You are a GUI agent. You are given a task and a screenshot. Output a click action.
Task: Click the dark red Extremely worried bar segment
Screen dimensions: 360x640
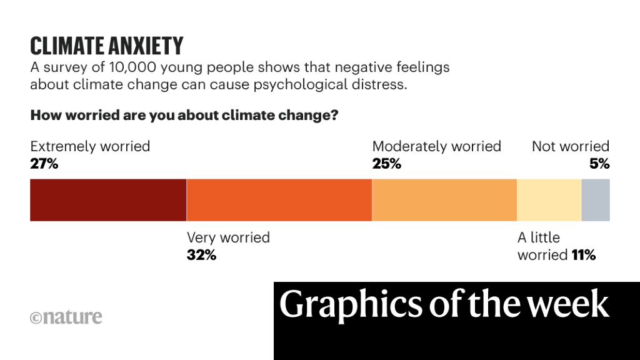pyautogui.click(x=108, y=200)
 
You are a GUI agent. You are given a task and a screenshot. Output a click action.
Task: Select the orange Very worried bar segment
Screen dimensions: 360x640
pyautogui.click(x=279, y=200)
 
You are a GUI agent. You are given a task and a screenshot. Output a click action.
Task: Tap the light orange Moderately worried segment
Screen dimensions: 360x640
pyautogui.click(x=444, y=200)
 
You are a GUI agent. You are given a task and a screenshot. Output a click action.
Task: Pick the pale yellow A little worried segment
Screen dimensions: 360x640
pyautogui.click(x=549, y=200)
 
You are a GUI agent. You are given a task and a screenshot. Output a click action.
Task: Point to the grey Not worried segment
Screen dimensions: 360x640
pyautogui.click(x=596, y=200)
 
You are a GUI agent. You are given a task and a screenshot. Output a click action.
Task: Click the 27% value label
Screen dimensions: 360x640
pyautogui.click(x=44, y=164)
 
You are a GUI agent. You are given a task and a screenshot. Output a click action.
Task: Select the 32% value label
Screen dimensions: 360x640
pyautogui.click(x=201, y=255)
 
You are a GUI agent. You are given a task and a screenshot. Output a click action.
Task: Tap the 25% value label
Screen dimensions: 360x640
pyautogui.click(x=387, y=164)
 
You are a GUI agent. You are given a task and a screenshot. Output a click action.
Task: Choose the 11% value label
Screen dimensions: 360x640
pyautogui.click(x=583, y=255)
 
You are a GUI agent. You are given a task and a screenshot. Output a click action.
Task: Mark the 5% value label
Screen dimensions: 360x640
pyautogui.click(x=599, y=164)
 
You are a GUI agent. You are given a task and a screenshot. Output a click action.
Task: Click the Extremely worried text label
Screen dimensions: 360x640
pyautogui.click(x=90, y=147)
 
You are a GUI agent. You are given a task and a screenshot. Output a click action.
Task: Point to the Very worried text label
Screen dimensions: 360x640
pyautogui.click(x=228, y=238)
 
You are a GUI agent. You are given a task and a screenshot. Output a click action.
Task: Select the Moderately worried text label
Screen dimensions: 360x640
pyautogui.click(x=436, y=147)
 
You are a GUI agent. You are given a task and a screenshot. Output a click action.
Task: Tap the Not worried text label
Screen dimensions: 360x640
pyautogui.click(x=570, y=147)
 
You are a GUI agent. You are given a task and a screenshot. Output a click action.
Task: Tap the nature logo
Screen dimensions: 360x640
pyautogui.click(x=66, y=317)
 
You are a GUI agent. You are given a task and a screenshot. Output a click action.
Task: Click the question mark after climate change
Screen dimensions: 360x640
pyautogui.click(x=334, y=116)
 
